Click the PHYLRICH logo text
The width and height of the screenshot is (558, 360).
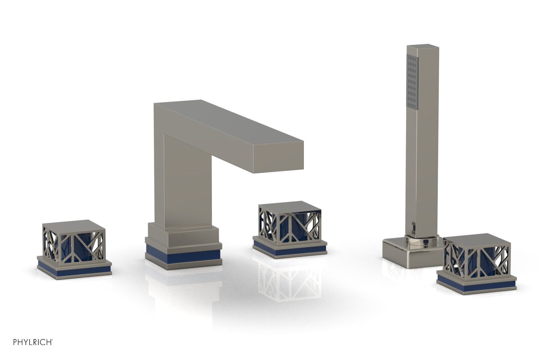tap(33, 342)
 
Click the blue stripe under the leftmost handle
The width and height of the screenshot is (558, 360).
tap(74, 267)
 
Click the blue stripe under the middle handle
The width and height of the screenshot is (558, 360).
tap(289, 248)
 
